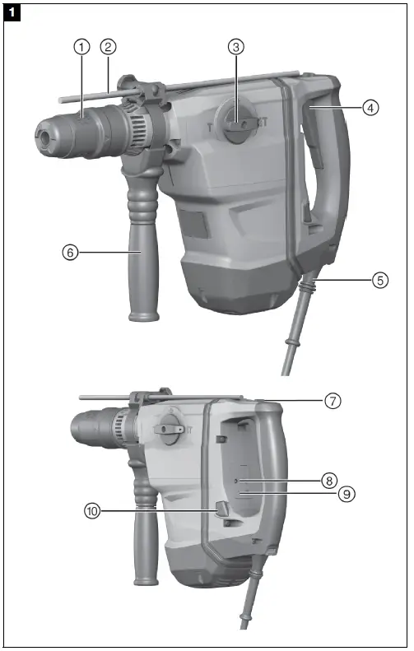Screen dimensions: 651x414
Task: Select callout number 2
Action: click(x=109, y=46)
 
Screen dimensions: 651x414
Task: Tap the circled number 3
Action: click(x=236, y=47)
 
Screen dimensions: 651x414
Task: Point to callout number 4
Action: click(x=371, y=107)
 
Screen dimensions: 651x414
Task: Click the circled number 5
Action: click(x=379, y=280)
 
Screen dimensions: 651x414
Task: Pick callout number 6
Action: click(x=70, y=253)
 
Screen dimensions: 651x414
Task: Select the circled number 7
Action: click(x=333, y=401)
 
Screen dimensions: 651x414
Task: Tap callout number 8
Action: click(x=329, y=479)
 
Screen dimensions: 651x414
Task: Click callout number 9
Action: click(x=347, y=494)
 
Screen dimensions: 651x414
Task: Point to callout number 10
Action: click(x=92, y=511)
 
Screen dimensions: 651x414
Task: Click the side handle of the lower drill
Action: click(x=146, y=535)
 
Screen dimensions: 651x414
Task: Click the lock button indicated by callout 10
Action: click(x=222, y=511)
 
